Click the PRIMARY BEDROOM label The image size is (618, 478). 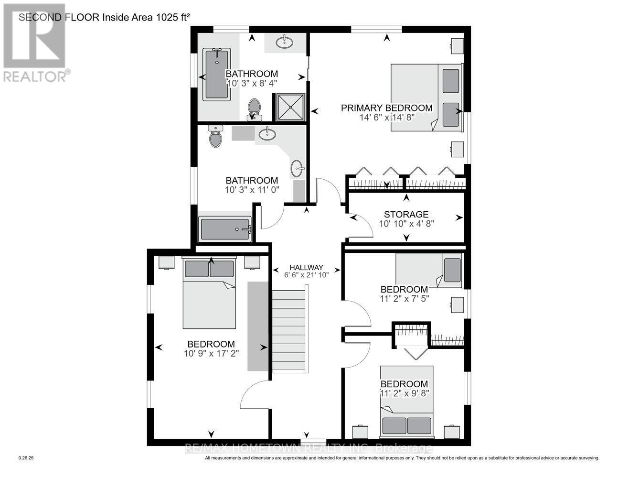pyautogui.click(x=386, y=108)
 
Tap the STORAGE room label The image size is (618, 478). pyautogui.click(x=406, y=215)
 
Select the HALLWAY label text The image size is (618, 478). pyautogui.click(x=307, y=267)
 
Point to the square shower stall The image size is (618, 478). pyautogui.click(x=288, y=107)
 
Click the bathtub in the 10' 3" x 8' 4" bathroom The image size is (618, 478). pyautogui.click(x=216, y=74)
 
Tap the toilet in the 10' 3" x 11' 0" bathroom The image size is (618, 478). pyautogui.click(x=216, y=137)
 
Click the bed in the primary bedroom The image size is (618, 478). pyautogui.click(x=426, y=98)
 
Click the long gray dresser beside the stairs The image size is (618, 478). pyautogui.click(x=258, y=326)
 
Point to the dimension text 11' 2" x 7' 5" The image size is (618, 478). pyautogui.click(x=404, y=299)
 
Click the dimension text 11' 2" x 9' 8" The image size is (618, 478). pyautogui.click(x=404, y=393)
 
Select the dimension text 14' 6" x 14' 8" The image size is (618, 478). pyautogui.click(x=386, y=117)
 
